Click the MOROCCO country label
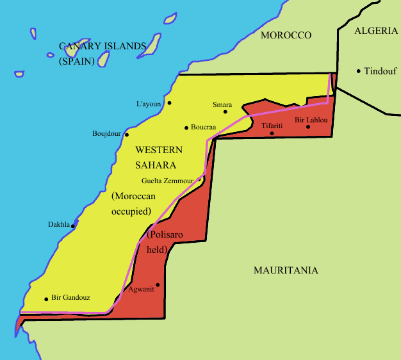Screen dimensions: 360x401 click(286, 35)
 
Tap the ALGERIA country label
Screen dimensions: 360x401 click(376, 30)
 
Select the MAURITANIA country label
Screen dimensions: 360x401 click(286, 270)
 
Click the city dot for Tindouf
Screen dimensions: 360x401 click(359, 71)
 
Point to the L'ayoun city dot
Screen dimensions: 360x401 click(169, 102)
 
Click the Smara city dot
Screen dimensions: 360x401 click(225, 111)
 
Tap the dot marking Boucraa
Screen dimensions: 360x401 click(186, 127)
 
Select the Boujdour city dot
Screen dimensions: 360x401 click(127, 135)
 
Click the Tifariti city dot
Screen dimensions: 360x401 click(272, 133)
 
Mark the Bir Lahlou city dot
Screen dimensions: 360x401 click(308, 127)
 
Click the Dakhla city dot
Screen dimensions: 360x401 click(73, 225)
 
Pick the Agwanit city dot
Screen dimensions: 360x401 click(158, 285)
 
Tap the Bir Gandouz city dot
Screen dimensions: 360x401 click(46, 299)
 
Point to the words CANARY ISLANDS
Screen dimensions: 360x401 click(102, 46)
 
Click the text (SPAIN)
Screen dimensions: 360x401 click(76, 61)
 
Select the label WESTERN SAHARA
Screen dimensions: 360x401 click(159, 157)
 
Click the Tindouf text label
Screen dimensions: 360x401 click(381, 71)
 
